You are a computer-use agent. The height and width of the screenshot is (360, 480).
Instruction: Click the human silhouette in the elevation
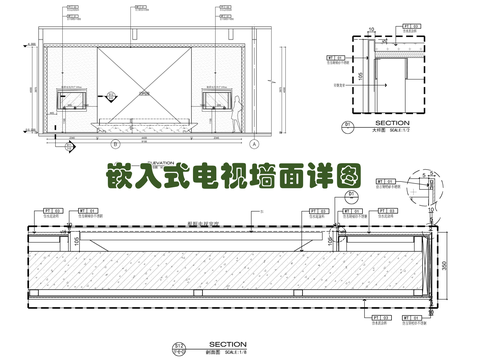[238, 108]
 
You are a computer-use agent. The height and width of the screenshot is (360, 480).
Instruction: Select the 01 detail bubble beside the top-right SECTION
[348, 126]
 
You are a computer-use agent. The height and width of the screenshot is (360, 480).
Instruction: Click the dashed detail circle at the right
[429, 198]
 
